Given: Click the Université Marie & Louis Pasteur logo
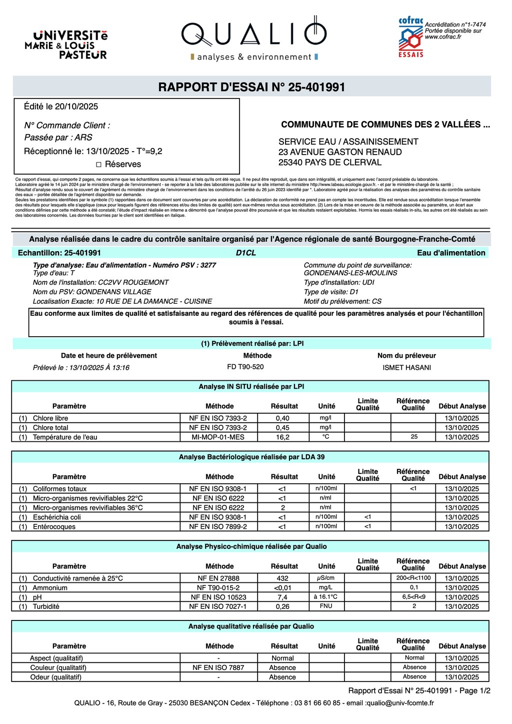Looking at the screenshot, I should pyautogui.click(x=66, y=45).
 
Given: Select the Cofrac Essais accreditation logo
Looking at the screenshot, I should pyautogui.click(x=410, y=38).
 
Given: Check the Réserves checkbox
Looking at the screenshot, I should pyautogui.click(x=98, y=165).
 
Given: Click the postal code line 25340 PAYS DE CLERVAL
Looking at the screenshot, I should pyautogui.click(x=330, y=162).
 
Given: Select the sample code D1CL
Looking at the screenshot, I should pyautogui.click(x=245, y=253).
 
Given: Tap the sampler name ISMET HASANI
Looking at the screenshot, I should pyautogui.click(x=406, y=368).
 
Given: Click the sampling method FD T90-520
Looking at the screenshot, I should pyautogui.click(x=245, y=367).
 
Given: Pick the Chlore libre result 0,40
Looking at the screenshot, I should pyautogui.click(x=282, y=418).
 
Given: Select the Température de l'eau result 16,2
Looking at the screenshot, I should pyautogui.click(x=282, y=437).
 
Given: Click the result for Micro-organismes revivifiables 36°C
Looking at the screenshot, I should pyautogui.click(x=282, y=508).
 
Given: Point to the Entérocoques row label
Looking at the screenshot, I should pyautogui.click(x=54, y=527).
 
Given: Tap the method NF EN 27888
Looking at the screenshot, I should pyautogui.click(x=218, y=578).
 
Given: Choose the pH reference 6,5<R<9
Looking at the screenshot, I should pyautogui.click(x=413, y=597).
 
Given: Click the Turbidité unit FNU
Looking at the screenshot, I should pyautogui.click(x=326, y=606).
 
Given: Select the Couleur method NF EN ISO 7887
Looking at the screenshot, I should pyautogui.click(x=218, y=667).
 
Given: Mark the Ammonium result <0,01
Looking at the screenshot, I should pyautogui.click(x=282, y=588).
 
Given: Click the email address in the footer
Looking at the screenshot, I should pyautogui.click(x=400, y=703).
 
